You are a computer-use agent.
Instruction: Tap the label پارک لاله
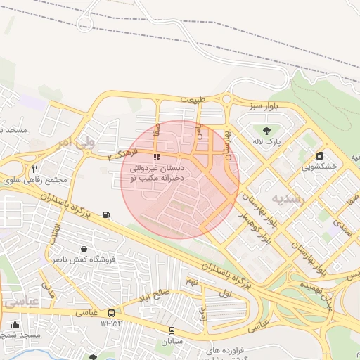pos(267,142)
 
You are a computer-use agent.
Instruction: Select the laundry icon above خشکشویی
pos(320,155)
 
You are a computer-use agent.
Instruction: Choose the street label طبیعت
pos(193,100)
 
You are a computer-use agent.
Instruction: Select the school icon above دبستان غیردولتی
pos(156,157)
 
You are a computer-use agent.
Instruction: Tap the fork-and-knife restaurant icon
pos(34,169)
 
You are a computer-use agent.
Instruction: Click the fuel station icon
pos(106,214)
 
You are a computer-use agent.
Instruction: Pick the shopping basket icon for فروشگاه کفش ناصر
pos(84,249)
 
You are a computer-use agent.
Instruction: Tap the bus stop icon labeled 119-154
pos(111,313)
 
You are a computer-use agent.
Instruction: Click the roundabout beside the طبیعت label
pos(226,99)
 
